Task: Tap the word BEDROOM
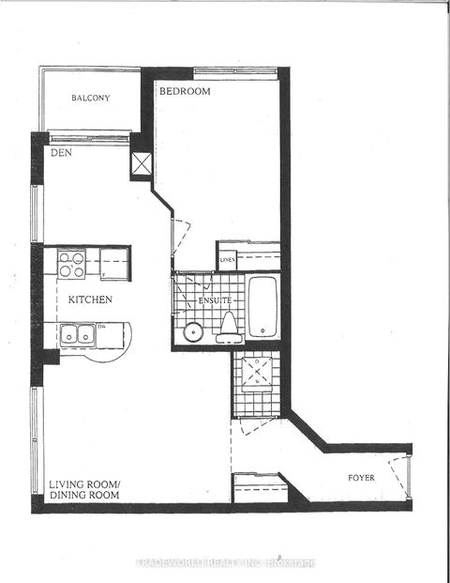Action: click(184, 92)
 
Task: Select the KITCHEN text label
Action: click(89, 299)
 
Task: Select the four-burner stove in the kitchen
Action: click(72, 264)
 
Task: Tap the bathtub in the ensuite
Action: click(262, 306)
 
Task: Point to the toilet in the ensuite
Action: click(228, 325)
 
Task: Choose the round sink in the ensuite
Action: click(194, 330)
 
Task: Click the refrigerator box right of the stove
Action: click(114, 264)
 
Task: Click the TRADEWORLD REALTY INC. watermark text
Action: click(225, 563)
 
